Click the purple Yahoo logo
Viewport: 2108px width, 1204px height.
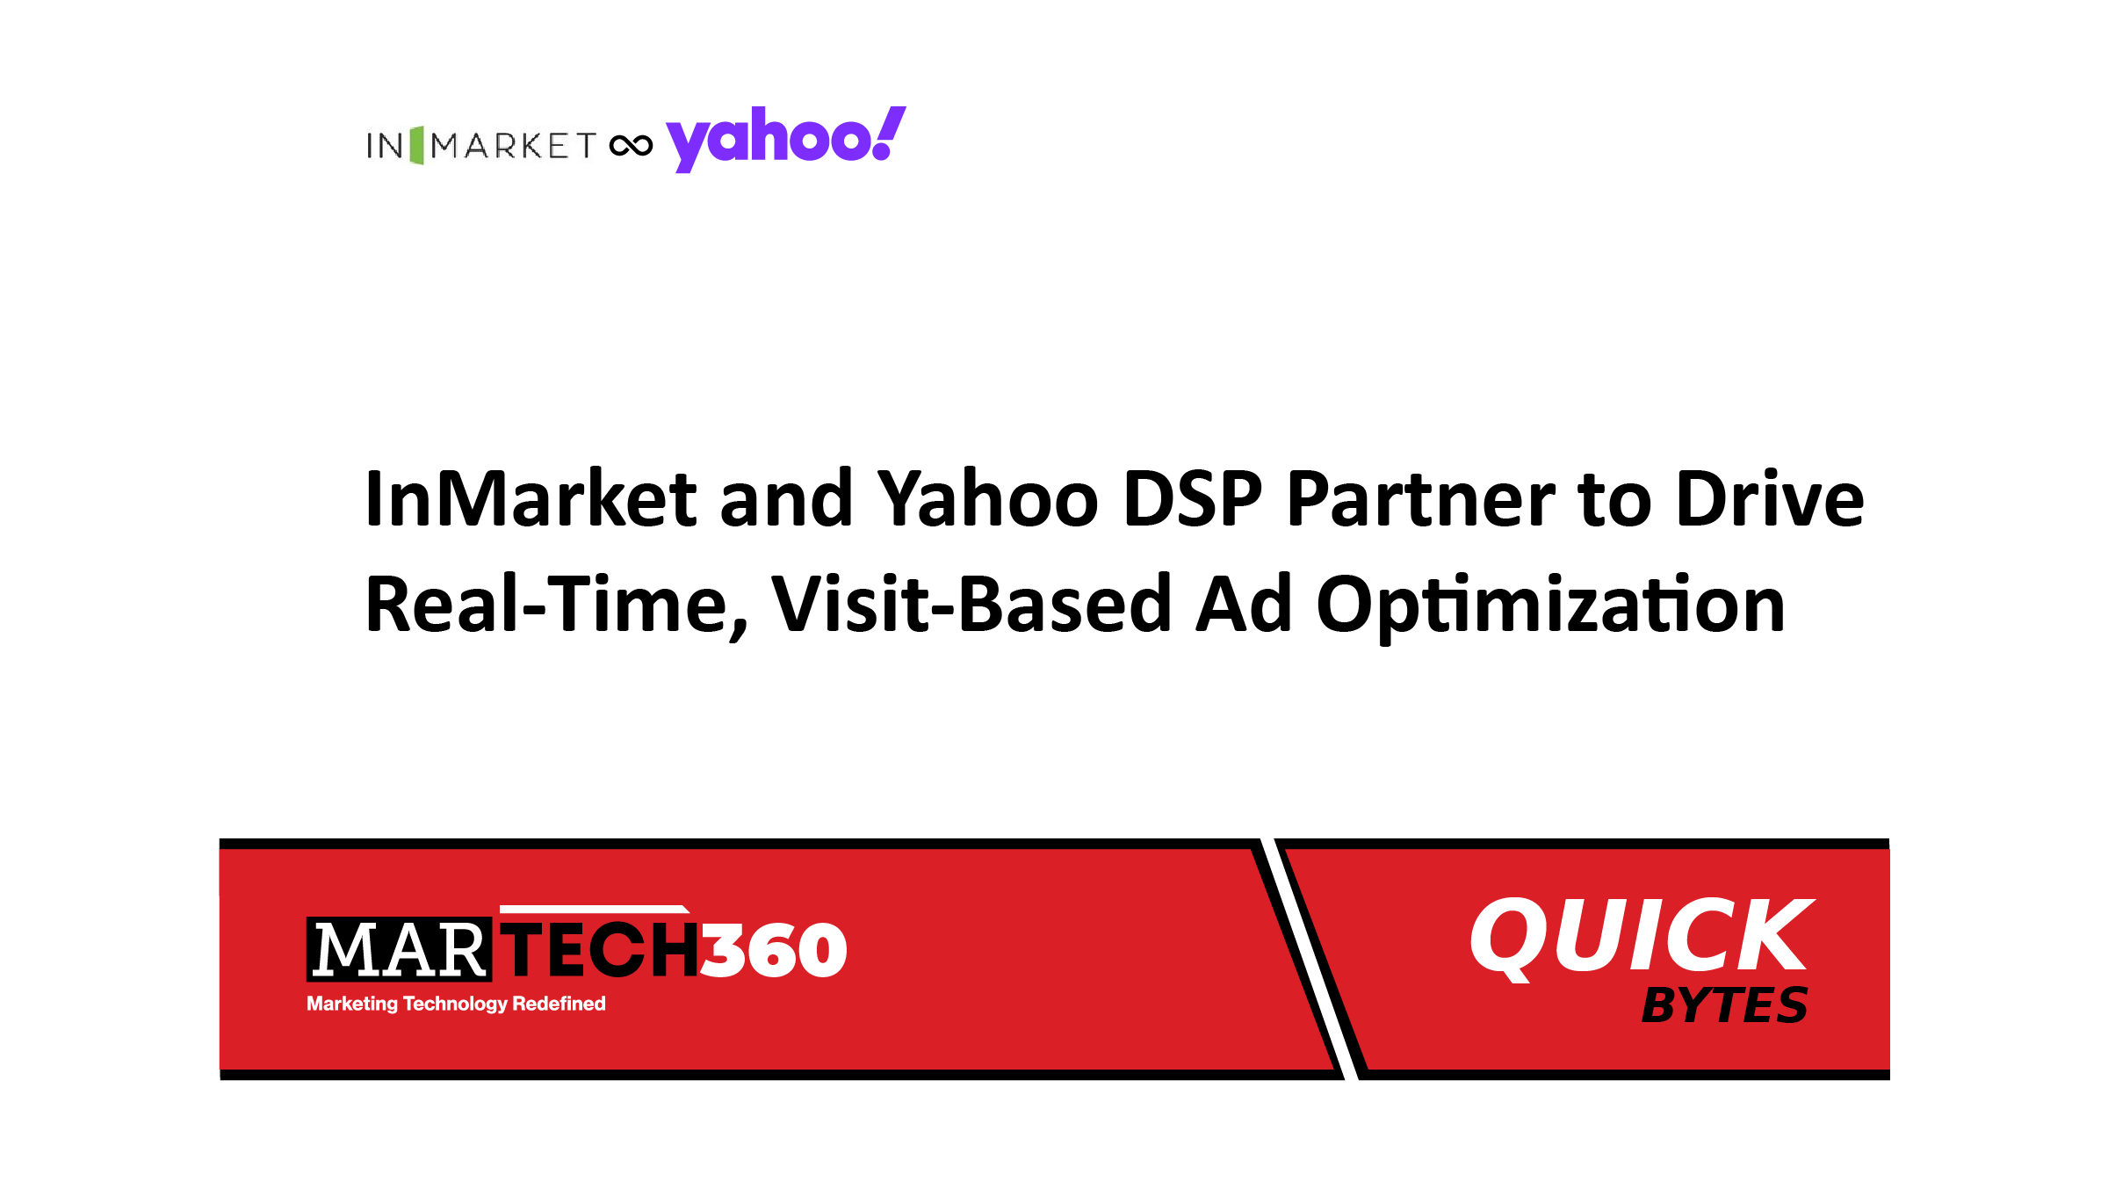click(786, 139)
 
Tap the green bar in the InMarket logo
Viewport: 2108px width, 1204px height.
click(416, 145)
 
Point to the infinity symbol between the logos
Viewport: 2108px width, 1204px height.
click(631, 145)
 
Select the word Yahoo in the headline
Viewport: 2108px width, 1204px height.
click(988, 498)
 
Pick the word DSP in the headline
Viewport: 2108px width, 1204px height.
click(1193, 498)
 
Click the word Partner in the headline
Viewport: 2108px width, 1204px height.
click(1421, 498)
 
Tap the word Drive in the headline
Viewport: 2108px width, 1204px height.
click(1770, 498)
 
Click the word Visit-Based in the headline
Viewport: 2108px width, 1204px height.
click(971, 604)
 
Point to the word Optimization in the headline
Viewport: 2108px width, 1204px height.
click(1551, 606)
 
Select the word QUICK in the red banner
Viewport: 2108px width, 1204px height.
click(1642, 937)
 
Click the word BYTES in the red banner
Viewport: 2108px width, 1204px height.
click(1725, 1005)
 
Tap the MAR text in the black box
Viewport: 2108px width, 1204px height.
click(399, 950)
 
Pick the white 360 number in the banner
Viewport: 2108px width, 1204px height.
click(773, 950)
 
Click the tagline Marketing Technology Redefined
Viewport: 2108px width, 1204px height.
click(456, 1004)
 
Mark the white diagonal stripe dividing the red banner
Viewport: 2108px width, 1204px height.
click(1310, 959)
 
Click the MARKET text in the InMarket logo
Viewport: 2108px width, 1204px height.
click(513, 146)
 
